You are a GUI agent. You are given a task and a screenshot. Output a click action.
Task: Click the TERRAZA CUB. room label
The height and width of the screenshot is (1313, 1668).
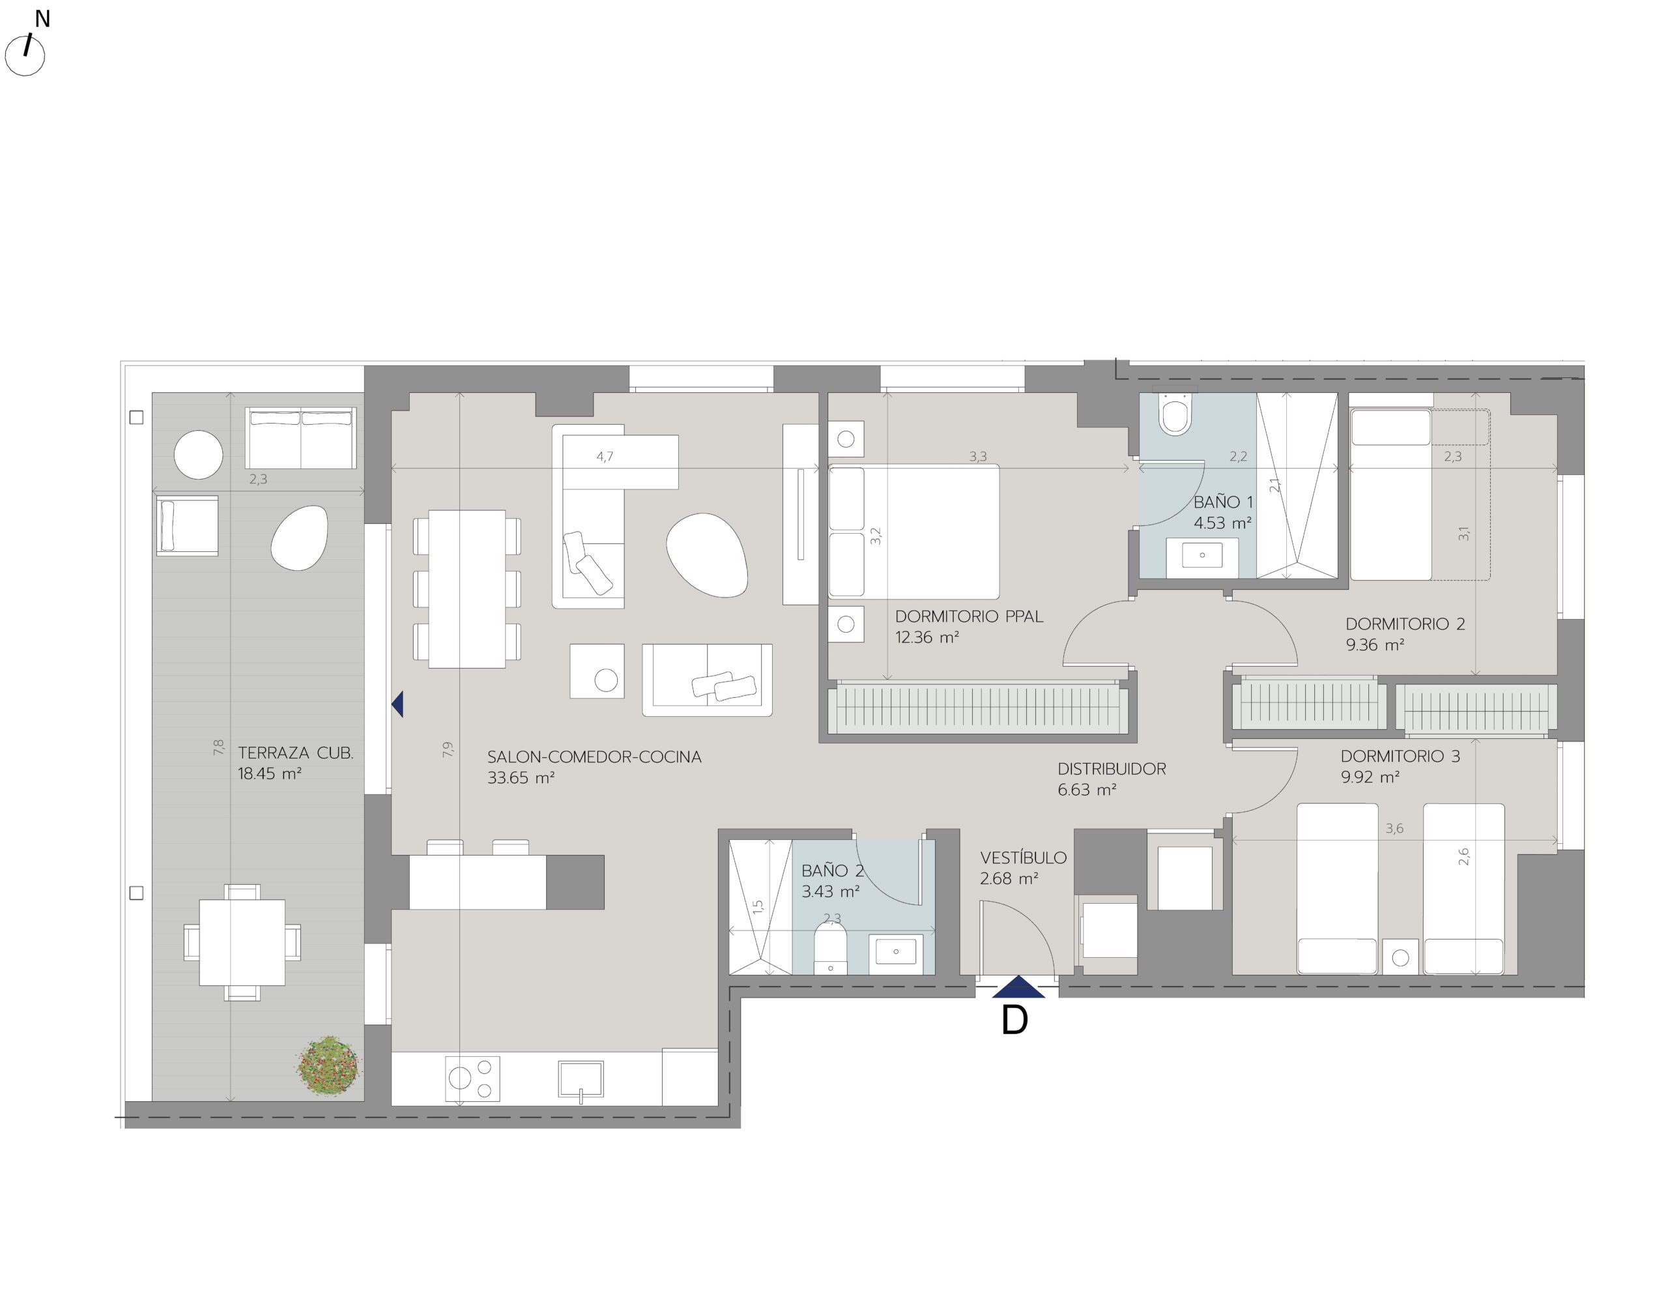point(295,753)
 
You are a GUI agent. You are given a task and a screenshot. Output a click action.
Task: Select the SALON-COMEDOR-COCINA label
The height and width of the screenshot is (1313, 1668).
point(594,757)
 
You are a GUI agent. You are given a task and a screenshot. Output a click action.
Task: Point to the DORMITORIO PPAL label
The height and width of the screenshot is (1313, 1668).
point(968,616)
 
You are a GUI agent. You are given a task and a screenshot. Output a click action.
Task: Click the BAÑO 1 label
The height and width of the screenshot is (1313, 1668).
point(1223,502)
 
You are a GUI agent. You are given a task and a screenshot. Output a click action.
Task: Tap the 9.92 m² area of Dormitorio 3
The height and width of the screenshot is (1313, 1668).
point(1370,777)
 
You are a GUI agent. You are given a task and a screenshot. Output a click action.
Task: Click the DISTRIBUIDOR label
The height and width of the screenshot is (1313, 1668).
point(1112,768)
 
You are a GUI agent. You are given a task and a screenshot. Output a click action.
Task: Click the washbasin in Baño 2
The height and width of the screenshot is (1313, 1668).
point(895,951)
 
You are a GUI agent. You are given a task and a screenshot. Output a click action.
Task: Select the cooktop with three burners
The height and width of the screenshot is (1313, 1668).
point(472,1078)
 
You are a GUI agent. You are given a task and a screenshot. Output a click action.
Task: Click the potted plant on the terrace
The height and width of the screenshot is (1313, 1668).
point(328,1065)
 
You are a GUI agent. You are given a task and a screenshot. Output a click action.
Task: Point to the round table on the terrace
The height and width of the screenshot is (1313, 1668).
point(198,454)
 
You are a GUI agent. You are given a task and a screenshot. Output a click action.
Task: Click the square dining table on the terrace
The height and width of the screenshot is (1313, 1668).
point(242,942)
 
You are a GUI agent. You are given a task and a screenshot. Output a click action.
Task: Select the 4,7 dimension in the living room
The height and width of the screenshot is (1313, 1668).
point(605,457)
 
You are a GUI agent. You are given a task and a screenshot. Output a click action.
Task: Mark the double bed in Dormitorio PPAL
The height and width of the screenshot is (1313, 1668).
point(914,531)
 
